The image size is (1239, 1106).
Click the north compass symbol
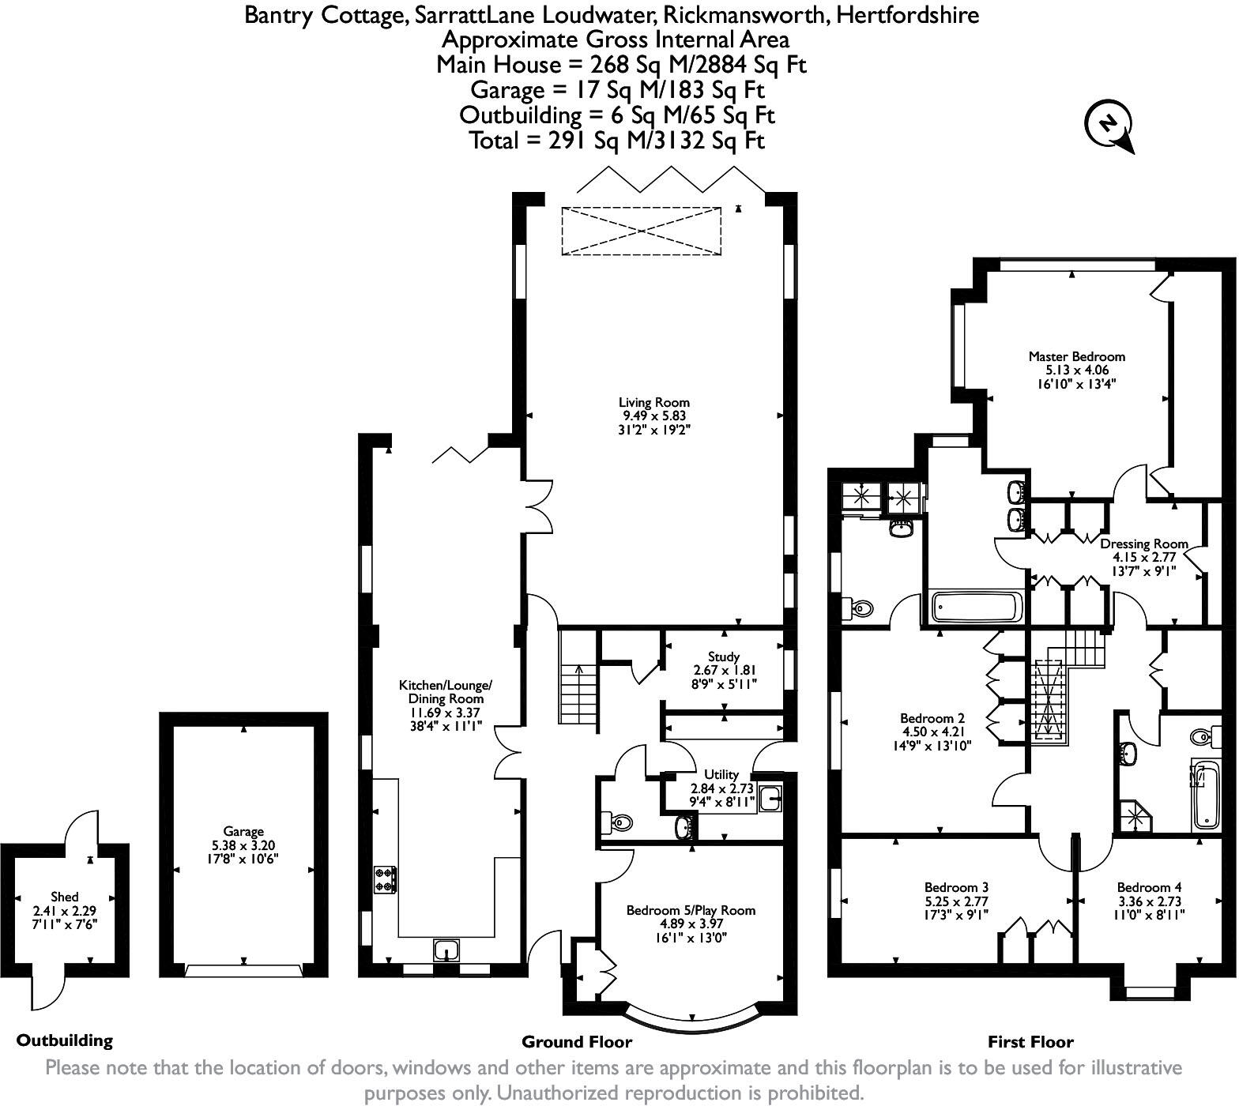(x=1109, y=125)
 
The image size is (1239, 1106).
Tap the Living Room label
(x=653, y=403)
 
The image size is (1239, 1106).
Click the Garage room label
(x=243, y=832)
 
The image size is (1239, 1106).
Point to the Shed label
(x=65, y=897)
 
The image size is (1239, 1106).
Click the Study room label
(x=724, y=656)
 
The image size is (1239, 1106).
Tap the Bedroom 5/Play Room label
(x=691, y=911)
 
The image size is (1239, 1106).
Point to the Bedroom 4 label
(x=1149, y=888)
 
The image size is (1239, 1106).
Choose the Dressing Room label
(x=1144, y=544)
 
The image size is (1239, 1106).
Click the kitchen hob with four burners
(x=386, y=880)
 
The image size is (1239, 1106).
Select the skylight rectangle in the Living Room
(x=641, y=231)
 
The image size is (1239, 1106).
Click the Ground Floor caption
(x=577, y=1042)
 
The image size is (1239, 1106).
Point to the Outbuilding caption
(x=65, y=1040)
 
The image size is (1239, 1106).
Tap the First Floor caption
(x=1030, y=1042)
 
